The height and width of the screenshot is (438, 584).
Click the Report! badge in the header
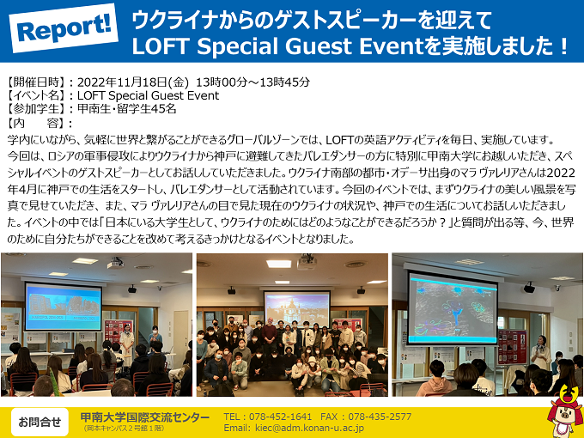click(x=64, y=28)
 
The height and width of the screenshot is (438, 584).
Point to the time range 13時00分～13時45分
click(x=252, y=82)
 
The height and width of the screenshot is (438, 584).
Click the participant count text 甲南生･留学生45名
click(x=126, y=109)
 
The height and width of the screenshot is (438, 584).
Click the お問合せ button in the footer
click(x=40, y=422)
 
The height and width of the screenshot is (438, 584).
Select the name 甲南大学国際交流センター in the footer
click(x=145, y=417)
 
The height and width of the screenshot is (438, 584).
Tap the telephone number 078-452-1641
click(x=280, y=417)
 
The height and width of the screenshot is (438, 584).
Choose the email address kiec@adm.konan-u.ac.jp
click(x=309, y=429)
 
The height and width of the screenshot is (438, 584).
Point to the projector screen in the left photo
click(x=64, y=307)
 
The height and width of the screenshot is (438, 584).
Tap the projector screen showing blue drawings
click(x=453, y=307)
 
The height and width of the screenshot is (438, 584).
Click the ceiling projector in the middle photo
click(x=307, y=262)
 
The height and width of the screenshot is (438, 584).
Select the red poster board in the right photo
click(x=513, y=347)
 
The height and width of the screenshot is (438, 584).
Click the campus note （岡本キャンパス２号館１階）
click(x=124, y=429)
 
